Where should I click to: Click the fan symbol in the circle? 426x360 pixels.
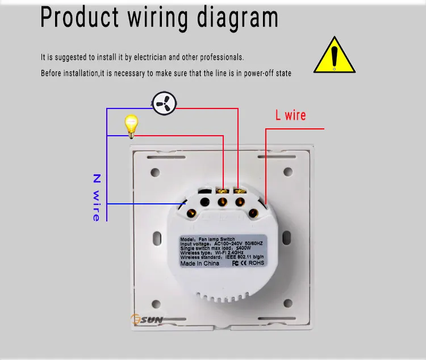pyautogui.click(x=164, y=103)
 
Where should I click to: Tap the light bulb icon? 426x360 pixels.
pyautogui.click(x=132, y=125)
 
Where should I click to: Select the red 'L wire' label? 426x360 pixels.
pyautogui.click(x=290, y=115)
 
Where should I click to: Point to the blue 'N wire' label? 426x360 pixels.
pyautogui.click(x=96, y=198)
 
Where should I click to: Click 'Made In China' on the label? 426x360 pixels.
pyautogui.click(x=201, y=263)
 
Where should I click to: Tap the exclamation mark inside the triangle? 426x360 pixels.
pyautogui.click(x=335, y=57)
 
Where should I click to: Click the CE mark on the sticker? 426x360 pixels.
pyautogui.click(x=241, y=263)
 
